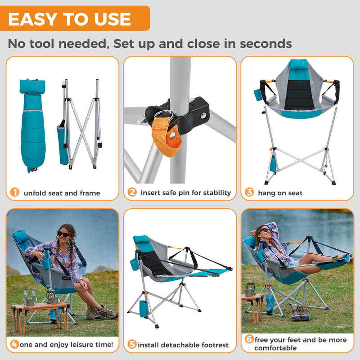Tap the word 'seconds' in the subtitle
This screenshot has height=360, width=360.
(265, 44)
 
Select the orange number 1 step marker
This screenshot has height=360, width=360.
(15, 193)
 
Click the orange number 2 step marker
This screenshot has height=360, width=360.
(132, 193)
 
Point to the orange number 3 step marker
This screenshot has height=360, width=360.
(249, 193)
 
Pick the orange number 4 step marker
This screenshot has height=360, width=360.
(15, 345)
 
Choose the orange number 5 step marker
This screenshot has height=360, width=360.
(132, 345)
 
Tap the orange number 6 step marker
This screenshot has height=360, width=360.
(249, 339)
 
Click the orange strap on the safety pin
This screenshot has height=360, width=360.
(169, 138)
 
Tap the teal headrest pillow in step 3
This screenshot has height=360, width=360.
(296, 65)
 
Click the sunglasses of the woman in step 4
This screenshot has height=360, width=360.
(63, 234)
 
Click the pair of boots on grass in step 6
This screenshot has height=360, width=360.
(301, 312)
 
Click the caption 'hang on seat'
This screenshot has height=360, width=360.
(280, 193)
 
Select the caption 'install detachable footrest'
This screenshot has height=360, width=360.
(183, 345)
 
